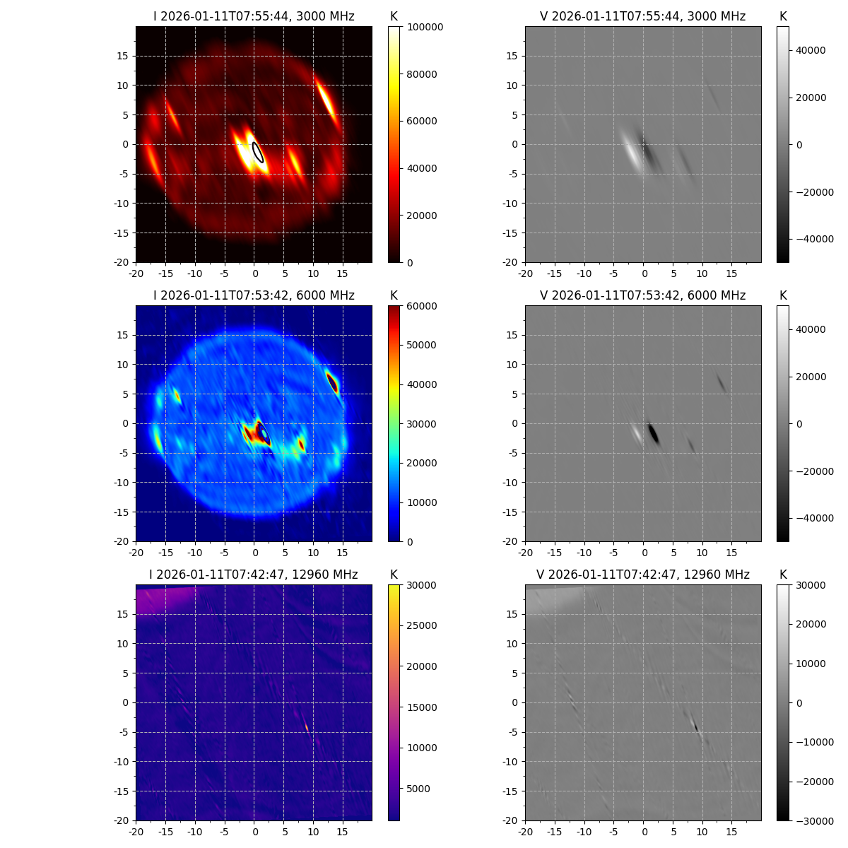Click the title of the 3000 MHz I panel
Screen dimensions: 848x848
[254, 16]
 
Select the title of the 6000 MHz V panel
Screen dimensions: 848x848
[643, 295]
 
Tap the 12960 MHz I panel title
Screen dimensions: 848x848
[254, 575]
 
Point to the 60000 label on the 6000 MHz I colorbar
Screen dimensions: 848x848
[423, 306]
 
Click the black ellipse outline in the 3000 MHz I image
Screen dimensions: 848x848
[259, 152]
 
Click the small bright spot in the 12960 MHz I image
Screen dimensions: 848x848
[307, 726]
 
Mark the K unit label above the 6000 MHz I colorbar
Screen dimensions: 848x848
[394, 295]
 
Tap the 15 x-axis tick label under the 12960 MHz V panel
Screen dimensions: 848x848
[732, 832]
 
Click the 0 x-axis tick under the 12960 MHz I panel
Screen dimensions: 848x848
[254, 832]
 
